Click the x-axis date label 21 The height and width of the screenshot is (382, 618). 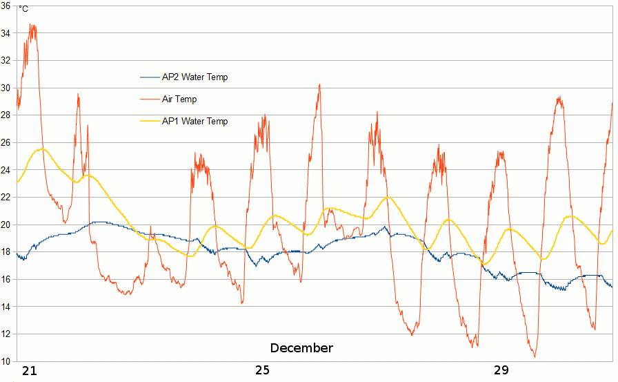[x=29, y=370]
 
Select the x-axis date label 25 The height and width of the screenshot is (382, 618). [x=263, y=370]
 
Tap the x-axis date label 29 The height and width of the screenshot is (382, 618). [x=501, y=370]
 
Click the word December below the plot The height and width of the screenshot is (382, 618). [x=301, y=348]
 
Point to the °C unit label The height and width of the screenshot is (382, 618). [x=23, y=9]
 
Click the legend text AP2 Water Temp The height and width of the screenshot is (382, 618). [x=195, y=77]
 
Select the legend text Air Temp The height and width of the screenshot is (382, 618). [x=179, y=99]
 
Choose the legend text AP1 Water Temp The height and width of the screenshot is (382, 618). [x=195, y=122]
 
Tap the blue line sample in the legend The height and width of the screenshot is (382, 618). [x=150, y=77]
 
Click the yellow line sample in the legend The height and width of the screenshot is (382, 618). [x=150, y=122]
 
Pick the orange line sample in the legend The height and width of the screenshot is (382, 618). [x=150, y=99]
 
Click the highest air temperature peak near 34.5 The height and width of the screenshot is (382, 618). [x=31, y=25]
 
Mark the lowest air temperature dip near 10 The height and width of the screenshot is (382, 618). [x=535, y=356]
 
